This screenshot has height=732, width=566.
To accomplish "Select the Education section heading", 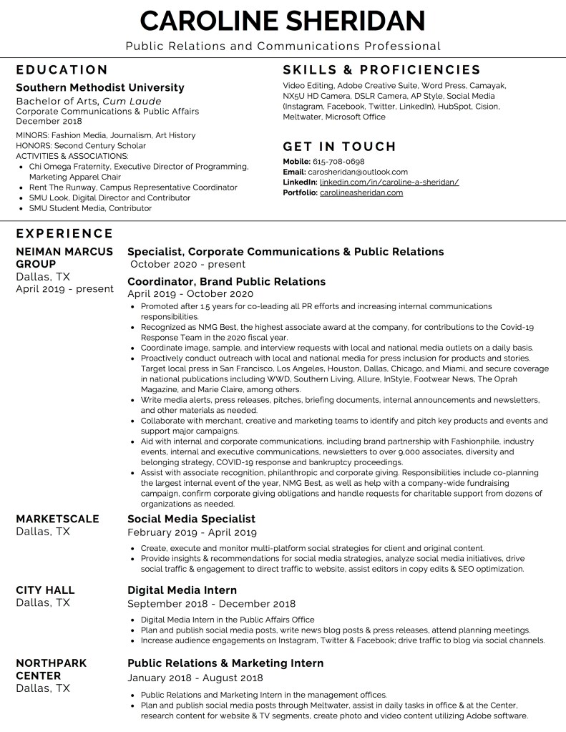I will tap(62, 69).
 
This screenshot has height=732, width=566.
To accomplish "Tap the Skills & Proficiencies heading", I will tap(381, 69).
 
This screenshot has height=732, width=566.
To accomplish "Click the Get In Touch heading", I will tap(339, 147).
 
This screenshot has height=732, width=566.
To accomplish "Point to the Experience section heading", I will tap(64, 233).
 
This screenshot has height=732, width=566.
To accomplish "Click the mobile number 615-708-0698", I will tap(338, 162).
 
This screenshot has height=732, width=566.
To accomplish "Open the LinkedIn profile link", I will tap(389, 182).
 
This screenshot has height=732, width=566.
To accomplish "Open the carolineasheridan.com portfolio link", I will tap(361, 192).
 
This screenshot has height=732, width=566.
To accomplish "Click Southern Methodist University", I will tap(100, 87).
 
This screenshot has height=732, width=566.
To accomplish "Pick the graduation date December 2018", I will tap(49, 121).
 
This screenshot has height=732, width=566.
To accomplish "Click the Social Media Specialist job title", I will tap(191, 519).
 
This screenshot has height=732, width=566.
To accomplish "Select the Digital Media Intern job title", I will tap(182, 590).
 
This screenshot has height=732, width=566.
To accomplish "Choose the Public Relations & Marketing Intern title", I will tap(225, 663).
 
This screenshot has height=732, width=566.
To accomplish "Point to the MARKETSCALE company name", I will tap(57, 519).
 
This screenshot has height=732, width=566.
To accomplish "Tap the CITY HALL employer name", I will tap(45, 590).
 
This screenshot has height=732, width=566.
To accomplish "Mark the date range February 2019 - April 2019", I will tap(192, 532).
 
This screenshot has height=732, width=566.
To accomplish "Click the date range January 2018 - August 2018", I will tap(195, 678).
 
